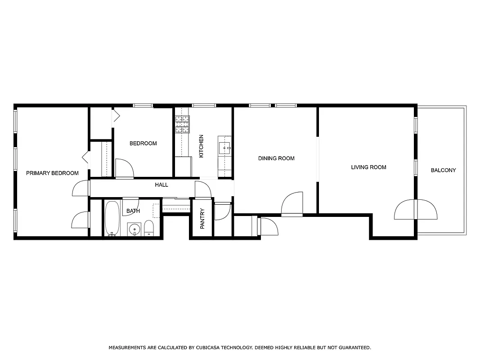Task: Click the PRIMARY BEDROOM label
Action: click(52, 173)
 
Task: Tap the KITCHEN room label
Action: click(201, 146)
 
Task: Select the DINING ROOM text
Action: click(276, 158)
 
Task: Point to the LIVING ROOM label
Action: click(368, 167)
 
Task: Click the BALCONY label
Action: click(443, 171)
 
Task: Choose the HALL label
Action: click(161, 185)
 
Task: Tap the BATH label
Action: click(133, 211)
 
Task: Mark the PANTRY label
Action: click(202, 218)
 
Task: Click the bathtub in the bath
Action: click(112, 218)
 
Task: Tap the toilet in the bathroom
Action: click(149, 228)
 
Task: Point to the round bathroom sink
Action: click(134, 229)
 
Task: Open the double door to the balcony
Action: click(416, 210)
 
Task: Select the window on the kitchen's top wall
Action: click(204, 105)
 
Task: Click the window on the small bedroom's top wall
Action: click(143, 105)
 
